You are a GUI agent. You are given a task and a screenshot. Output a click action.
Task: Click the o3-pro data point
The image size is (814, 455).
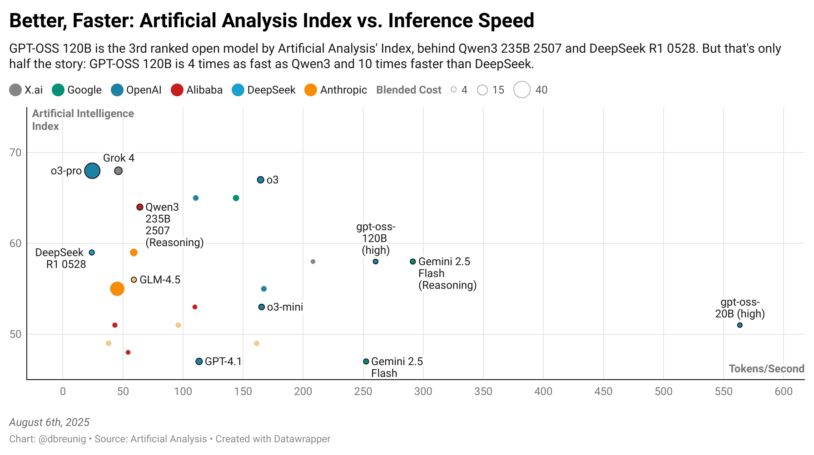point(92,171)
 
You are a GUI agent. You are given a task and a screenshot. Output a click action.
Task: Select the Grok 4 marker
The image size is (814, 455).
point(118,171)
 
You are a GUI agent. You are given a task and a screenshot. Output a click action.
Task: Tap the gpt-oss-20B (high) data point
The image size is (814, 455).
point(740,325)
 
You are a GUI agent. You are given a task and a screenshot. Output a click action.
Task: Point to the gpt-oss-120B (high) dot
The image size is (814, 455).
point(376,262)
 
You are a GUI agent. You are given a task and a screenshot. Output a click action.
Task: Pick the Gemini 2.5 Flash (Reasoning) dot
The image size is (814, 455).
point(413,262)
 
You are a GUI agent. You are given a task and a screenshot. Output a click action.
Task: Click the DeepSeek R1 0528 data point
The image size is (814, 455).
point(92,252)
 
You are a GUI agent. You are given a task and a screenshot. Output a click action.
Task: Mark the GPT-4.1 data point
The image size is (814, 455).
point(199,361)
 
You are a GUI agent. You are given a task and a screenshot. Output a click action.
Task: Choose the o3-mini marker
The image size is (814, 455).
point(261,307)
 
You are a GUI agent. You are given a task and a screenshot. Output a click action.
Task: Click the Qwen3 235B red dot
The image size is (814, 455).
point(140,207)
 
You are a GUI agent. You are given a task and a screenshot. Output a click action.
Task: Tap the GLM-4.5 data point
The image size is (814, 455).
point(134,280)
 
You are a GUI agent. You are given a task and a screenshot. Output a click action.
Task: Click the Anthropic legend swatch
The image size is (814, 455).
point(311,90)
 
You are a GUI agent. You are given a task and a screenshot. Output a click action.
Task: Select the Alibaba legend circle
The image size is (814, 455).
point(177,90)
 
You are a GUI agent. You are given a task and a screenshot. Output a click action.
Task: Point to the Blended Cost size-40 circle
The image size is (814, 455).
point(522,90)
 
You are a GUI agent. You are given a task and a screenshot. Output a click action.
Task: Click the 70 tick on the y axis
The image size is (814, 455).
point(15,153)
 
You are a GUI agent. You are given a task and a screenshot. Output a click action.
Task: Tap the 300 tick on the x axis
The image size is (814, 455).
point(423,391)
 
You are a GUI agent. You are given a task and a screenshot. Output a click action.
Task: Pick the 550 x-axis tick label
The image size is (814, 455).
point(724,391)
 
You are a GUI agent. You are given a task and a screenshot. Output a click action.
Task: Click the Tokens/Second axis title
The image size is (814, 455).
point(766,369)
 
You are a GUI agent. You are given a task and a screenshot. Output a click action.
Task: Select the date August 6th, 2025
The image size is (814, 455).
point(50,422)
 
